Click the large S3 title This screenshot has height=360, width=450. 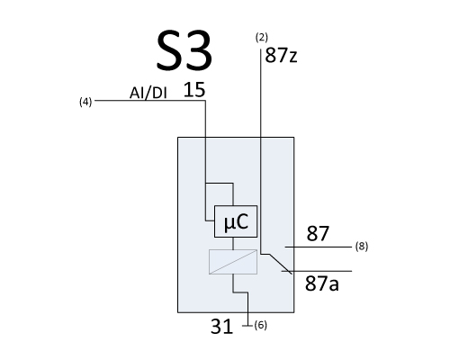184,50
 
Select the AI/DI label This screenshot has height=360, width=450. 148,93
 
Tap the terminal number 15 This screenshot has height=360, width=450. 194,90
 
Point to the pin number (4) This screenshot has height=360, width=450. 85,102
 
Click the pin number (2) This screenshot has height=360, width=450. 262,38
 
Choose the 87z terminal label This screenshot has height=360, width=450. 281,56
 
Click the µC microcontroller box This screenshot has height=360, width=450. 236,221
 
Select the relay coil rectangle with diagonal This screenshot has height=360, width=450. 233,262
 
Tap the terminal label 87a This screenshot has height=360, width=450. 322,283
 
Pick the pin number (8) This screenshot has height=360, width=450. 362,247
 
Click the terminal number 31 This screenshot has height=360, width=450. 221,327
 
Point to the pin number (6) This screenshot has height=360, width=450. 260,325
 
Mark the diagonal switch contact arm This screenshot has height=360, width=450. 281,264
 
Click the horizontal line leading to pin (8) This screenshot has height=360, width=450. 319,247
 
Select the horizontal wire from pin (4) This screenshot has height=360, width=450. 150,101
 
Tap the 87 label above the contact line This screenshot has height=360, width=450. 318,234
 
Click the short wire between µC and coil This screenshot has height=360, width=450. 233,243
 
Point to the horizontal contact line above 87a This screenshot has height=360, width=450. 317,271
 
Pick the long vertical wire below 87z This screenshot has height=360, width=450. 261,151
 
